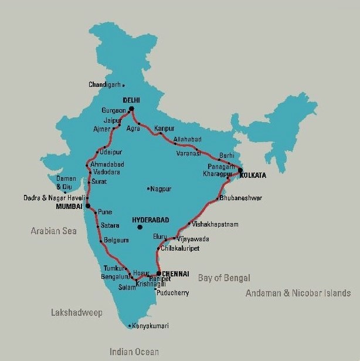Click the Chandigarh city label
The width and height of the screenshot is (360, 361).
[x=104, y=85]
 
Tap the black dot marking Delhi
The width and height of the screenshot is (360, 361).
[x=131, y=109]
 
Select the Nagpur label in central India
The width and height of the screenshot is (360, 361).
[x=161, y=189]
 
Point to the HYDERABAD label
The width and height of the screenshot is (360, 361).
[x=151, y=220]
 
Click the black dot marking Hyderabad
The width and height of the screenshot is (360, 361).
[x=139, y=227]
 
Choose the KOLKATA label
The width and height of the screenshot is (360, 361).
[x=253, y=176]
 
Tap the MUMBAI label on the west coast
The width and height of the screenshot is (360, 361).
[x=69, y=207]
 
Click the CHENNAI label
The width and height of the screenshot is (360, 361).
[x=176, y=274]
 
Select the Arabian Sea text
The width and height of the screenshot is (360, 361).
[x=54, y=231]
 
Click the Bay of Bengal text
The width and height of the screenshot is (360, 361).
[x=224, y=278]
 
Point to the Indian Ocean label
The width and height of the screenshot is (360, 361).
[x=134, y=352]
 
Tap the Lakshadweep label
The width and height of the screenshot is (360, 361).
[x=76, y=313]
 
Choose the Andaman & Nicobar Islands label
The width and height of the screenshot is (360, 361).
[x=298, y=293]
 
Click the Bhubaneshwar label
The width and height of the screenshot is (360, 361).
[x=242, y=198]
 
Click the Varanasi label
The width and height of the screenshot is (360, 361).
[x=189, y=153]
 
